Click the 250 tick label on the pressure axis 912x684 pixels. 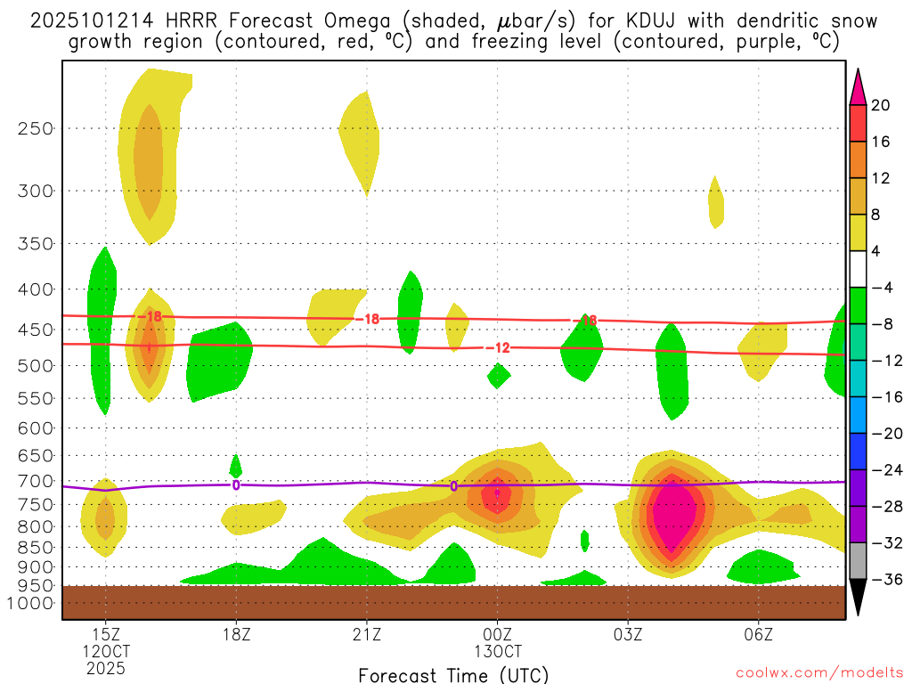(x=35, y=128)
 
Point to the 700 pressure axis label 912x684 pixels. (x=35, y=481)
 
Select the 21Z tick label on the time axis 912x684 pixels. (x=367, y=635)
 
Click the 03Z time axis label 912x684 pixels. (x=628, y=635)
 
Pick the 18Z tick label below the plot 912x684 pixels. (x=236, y=635)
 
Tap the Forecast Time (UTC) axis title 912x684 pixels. (x=453, y=674)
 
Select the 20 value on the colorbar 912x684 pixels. (x=881, y=105)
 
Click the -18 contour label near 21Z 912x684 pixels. (x=367, y=318)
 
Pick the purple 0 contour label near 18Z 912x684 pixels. (x=236, y=484)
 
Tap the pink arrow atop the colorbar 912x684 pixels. (x=858, y=86)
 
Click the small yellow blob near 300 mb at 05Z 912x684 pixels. (x=716, y=203)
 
